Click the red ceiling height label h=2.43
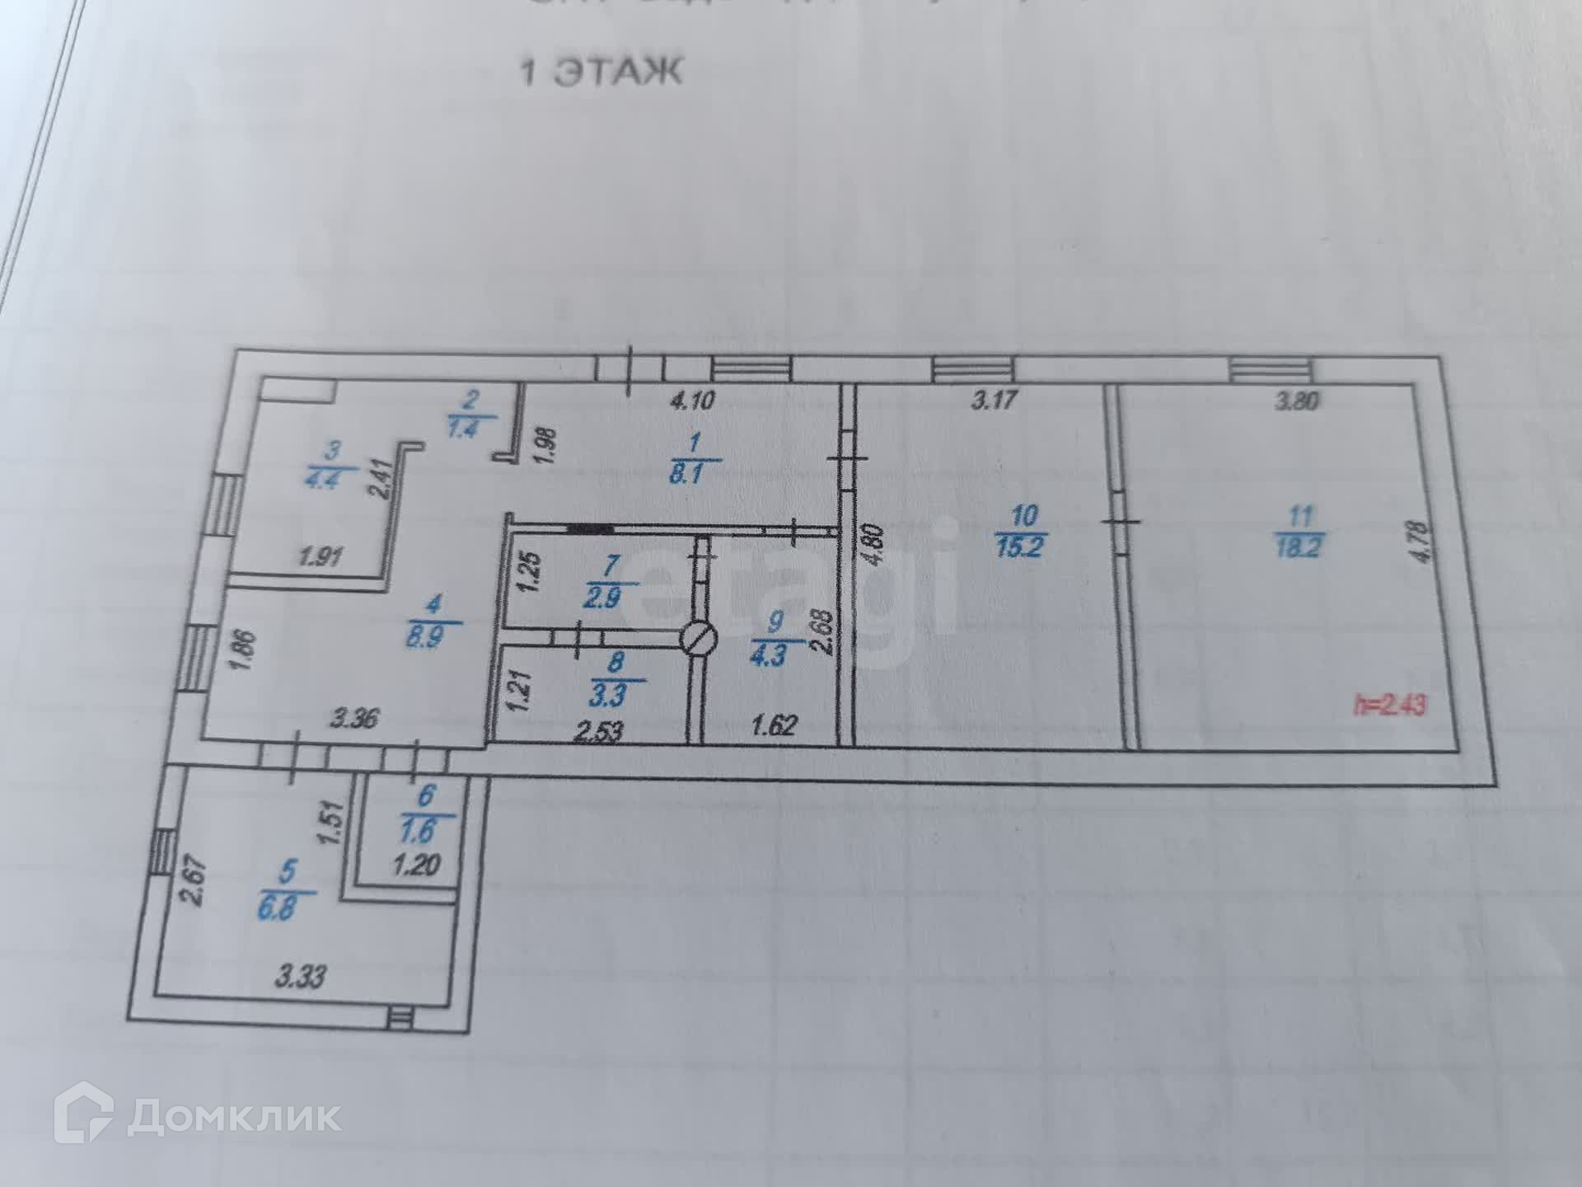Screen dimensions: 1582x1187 click(1391, 706)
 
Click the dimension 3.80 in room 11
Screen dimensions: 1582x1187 click(1297, 401)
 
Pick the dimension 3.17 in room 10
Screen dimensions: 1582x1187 click(995, 401)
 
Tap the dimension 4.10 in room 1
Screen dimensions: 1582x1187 click(692, 401)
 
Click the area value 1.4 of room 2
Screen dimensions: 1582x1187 click(463, 428)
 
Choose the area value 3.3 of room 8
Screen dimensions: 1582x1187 click(608, 695)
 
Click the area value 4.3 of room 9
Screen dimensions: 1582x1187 click(767, 655)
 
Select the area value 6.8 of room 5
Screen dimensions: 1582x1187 click(277, 909)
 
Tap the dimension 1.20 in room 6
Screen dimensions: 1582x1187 click(416, 866)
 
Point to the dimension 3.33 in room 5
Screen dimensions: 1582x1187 click(301, 978)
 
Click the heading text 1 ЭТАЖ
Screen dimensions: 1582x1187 click(601, 73)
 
